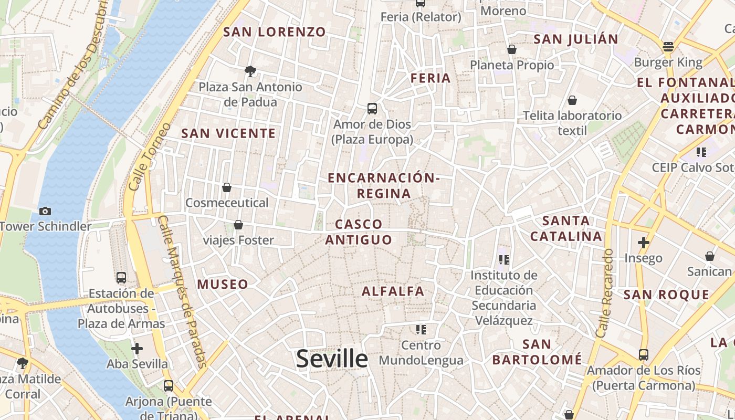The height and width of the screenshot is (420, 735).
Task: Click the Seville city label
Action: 332,359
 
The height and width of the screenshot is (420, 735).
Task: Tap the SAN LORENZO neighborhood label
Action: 275,32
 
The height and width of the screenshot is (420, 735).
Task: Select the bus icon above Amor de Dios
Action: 372,109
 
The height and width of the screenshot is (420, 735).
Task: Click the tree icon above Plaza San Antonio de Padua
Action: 250,71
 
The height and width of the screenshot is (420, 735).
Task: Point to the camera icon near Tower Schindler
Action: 45,211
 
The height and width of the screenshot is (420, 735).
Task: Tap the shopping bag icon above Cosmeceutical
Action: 227,187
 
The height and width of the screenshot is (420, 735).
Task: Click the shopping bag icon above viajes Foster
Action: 238,225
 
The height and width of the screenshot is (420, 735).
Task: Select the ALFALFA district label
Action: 393,291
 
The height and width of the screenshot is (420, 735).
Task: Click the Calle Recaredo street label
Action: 605,293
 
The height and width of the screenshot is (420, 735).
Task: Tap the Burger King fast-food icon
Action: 668,47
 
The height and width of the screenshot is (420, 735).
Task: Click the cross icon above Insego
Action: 643,243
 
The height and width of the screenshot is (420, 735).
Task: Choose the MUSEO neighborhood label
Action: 223,285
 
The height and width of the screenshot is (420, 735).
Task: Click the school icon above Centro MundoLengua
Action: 421,330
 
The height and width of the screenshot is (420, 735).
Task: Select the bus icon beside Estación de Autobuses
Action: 121,277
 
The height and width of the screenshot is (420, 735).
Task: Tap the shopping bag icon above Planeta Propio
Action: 512,49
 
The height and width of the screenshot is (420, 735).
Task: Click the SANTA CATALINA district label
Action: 566,228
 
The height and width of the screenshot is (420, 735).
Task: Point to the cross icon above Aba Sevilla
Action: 137,348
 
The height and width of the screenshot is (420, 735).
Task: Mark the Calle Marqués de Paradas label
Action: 182,291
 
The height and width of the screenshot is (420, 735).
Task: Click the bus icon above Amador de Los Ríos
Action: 644,354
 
